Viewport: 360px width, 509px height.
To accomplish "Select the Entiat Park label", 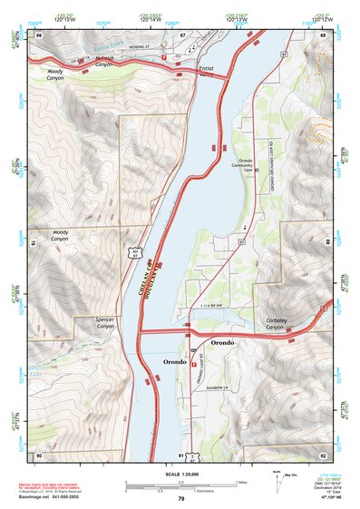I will tap(208, 69).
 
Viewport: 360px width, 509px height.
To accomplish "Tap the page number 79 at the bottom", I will tap(180, 499).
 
